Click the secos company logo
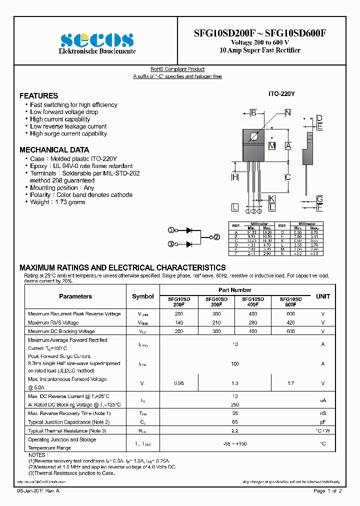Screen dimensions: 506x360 tap(97, 39)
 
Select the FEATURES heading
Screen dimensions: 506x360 tap(38, 95)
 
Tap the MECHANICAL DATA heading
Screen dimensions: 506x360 tap(54, 149)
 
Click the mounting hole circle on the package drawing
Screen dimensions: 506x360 tap(254, 136)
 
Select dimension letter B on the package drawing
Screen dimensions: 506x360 tap(253, 113)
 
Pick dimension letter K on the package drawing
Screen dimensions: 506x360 tap(271, 198)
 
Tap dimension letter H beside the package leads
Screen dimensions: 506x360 tap(234, 177)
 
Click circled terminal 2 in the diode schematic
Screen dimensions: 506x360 tap(216, 237)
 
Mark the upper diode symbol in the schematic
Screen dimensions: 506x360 tap(189, 230)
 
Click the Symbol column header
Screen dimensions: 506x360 tap(142, 296)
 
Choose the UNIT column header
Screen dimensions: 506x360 tap(323, 296)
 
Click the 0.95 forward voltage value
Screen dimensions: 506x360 tap(178, 383)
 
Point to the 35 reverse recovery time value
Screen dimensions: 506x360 tap(235, 413)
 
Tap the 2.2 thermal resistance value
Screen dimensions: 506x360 tap(235, 430)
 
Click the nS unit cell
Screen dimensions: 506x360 tap(323, 413)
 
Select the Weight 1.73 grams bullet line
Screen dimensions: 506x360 tap(57, 202)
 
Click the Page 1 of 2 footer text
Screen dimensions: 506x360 tap(327, 491)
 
